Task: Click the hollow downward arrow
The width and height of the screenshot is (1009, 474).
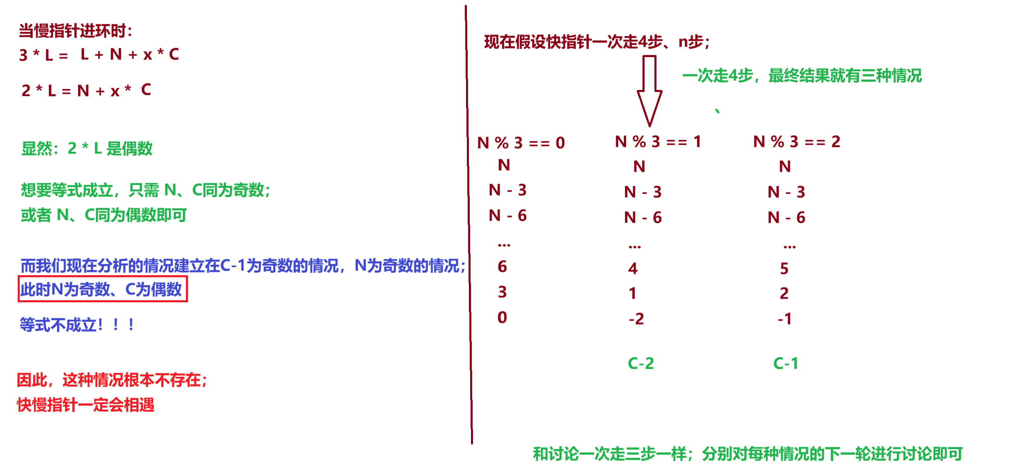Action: point(649,90)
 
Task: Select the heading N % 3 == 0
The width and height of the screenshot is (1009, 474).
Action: point(521,143)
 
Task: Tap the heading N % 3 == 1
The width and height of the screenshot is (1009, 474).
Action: point(658,142)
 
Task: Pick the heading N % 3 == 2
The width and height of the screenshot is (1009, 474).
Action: point(796,142)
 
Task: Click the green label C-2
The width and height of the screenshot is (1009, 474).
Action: point(640,363)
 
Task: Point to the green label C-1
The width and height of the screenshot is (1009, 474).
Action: point(785,363)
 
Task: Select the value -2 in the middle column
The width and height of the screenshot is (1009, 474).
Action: point(636,319)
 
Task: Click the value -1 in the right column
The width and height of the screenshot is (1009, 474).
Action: point(784,319)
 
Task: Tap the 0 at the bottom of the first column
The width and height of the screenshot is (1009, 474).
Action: point(502,317)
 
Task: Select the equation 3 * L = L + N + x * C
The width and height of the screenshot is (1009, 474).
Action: point(99,54)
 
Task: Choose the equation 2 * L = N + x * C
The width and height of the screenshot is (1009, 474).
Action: point(86,90)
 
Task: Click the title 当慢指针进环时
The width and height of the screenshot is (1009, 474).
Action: point(75,31)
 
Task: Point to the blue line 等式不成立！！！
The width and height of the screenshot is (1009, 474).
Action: point(77,325)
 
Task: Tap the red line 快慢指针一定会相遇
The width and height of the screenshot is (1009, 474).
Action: point(86,405)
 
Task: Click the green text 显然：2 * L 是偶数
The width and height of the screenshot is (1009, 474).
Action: point(87,148)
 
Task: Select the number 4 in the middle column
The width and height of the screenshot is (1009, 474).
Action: point(633,268)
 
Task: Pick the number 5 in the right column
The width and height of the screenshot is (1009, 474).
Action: point(784,268)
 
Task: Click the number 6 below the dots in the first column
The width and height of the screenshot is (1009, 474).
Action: point(502,267)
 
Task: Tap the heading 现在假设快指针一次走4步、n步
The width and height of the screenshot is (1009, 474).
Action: point(596,42)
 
